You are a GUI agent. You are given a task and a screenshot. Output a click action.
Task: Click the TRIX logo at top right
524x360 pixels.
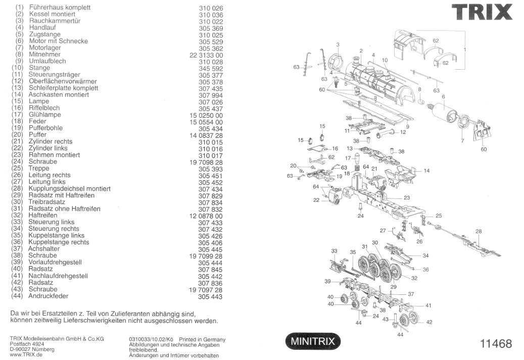(x=482, y=12)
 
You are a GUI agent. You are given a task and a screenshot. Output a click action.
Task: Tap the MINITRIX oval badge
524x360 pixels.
(x=313, y=341)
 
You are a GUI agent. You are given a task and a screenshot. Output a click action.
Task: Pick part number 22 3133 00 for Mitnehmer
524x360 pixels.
(x=206, y=55)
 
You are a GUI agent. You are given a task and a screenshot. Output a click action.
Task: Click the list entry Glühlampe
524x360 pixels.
(x=45, y=115)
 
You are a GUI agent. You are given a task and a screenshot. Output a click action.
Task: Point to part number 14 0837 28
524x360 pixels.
(x=206, y=135)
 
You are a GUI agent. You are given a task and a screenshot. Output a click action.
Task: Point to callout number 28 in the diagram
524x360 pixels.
(x=479, y=232)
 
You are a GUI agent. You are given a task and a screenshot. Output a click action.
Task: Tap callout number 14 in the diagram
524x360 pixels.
(x=426, y=171)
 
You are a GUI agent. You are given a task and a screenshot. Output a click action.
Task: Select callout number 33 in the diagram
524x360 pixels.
(x=334, y=251)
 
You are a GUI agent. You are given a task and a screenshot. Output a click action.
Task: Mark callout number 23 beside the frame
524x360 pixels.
(x=406, y=197)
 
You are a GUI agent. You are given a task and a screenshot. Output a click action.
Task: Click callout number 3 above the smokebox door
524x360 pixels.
(x=337, y=45)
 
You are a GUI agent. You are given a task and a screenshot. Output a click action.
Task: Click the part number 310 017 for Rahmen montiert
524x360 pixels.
(x=210, y=156)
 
